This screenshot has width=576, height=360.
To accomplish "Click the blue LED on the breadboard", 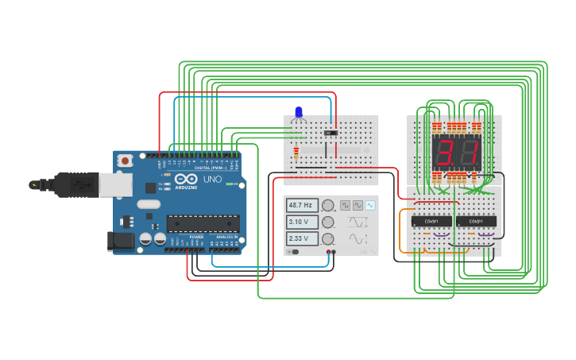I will click(x=299, y=112).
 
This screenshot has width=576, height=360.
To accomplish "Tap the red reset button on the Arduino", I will click(x=125, y=161).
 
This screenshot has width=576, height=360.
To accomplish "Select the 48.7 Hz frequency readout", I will click(x=303, y=205).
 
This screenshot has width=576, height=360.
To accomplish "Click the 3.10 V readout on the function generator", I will click(x=303, y=222).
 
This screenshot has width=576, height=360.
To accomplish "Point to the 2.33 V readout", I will click(x=303, y=238).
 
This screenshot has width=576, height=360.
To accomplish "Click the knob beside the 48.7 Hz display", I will click(x=327, y=205).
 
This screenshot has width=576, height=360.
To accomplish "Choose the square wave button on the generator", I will click(x=345, y=205).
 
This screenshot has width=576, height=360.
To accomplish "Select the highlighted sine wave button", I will click(x=369, y=205).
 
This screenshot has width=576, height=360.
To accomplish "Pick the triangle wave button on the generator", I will click(x=358, y=205).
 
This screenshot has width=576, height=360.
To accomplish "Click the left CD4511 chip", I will click(x=431, y=221).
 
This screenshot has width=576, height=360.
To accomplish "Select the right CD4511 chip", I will click(x=477, y=221).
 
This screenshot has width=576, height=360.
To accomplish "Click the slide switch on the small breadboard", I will click(x=331, y=132).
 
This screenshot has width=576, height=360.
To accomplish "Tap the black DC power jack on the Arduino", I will click(x=119, y=239).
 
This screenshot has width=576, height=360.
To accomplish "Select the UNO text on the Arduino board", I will click(x=212, y=180).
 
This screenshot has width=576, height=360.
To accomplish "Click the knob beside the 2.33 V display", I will click(x=327, y=238).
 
